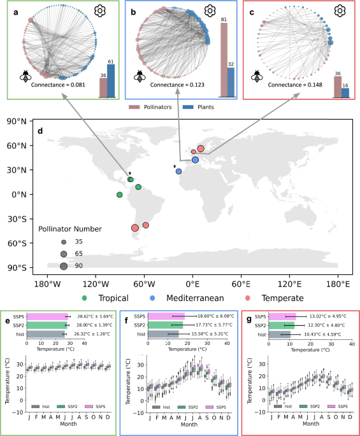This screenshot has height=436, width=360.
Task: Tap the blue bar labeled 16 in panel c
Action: click(345, 93)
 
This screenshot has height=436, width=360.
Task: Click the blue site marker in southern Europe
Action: click(196, 160)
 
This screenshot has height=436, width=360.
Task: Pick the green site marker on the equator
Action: click(119, 195)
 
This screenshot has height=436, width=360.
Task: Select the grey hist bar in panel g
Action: click(280, 334)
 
